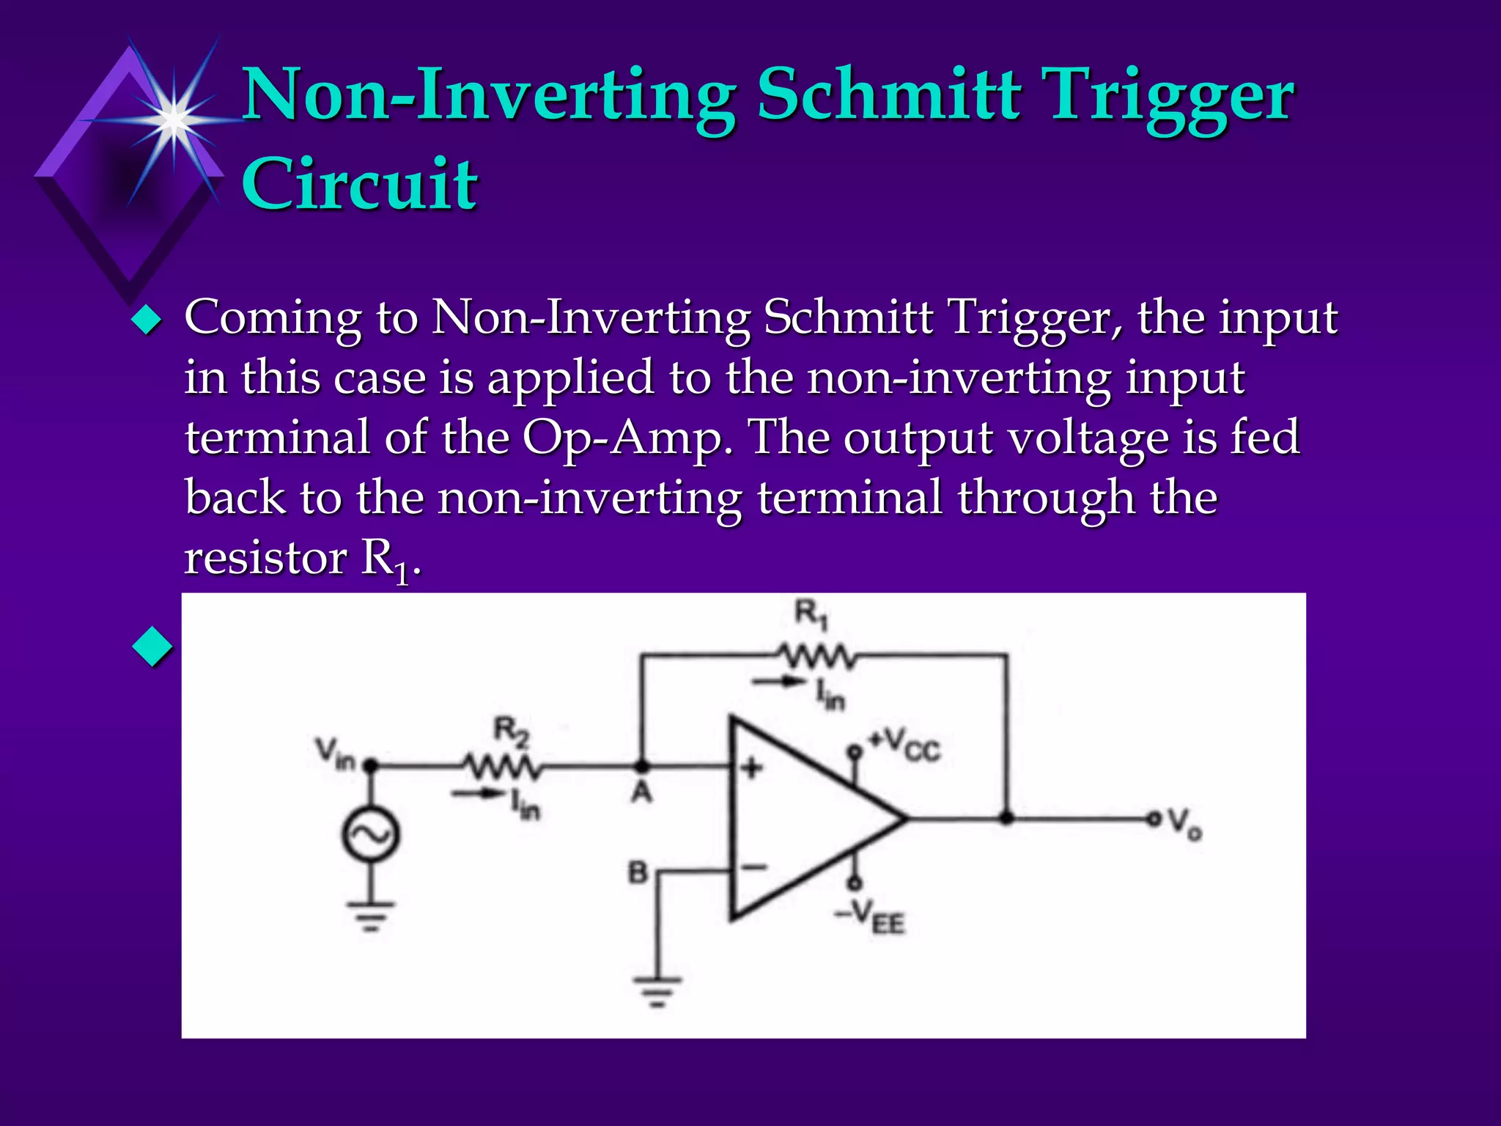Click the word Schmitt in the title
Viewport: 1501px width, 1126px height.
pos(888,95)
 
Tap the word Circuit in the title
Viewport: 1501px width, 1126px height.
pos(359,183)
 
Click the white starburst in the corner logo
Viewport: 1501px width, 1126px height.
pos(173,119)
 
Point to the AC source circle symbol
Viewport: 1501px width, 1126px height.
pos(371,834)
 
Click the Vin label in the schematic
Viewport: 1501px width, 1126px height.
pos(334,754)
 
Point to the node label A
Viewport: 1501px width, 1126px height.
pos(641,792)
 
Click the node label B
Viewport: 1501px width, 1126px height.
pos(638,872)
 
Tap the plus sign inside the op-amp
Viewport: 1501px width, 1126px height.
pos(750,768)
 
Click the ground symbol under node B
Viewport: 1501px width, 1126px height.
pos(657,990)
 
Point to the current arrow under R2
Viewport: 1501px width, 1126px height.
pos(476,794)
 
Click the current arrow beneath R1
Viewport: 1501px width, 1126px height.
pos(778,682)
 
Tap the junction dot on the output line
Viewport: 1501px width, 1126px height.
pos(1007,818)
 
